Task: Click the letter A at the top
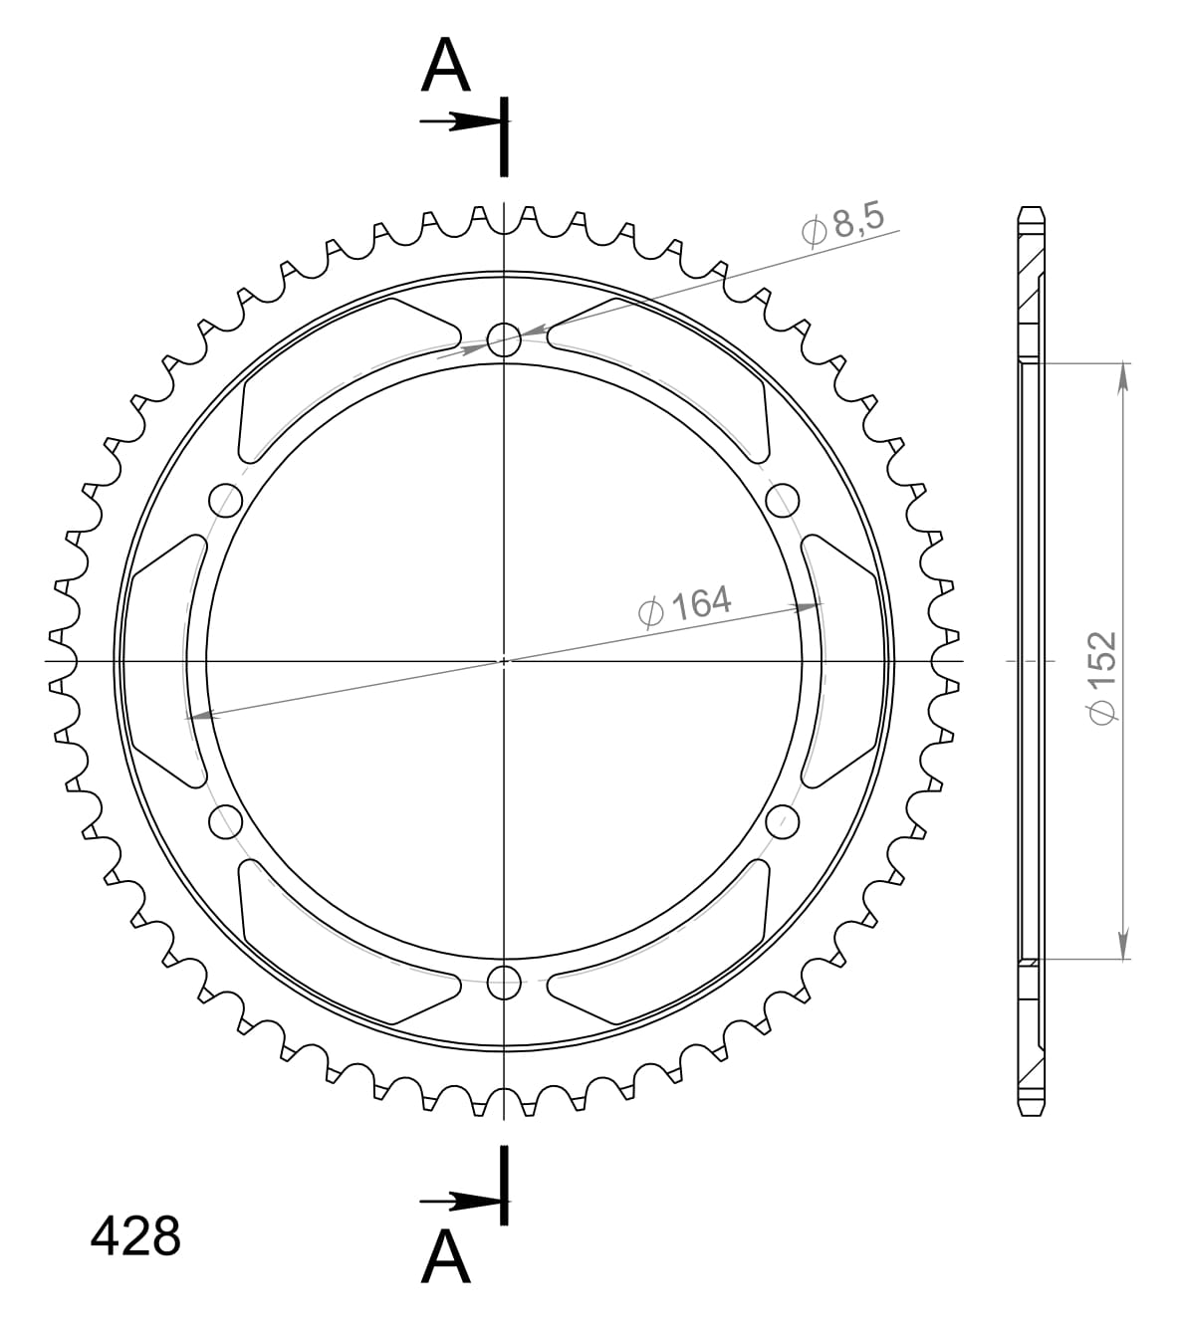[445, 68]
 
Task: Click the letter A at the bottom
[445, 1257]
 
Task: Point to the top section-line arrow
[460, 122]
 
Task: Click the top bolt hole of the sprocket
[505, 338]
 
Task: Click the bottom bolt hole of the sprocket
[505, 983]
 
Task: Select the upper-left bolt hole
[226, 500]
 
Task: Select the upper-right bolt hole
[784, 500]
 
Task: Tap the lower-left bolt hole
[226, 821]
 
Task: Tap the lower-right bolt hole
[784, 821]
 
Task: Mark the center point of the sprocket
[505, 660]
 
